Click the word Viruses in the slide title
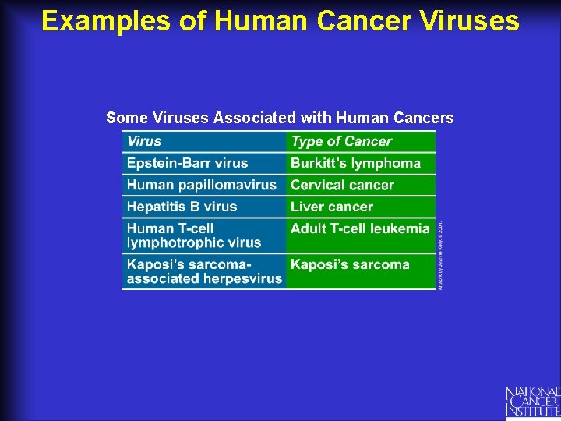click(471, 21)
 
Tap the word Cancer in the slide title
click(365, 21)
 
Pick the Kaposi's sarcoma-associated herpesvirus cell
click(204, 271)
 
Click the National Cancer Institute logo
click(532, 401)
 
